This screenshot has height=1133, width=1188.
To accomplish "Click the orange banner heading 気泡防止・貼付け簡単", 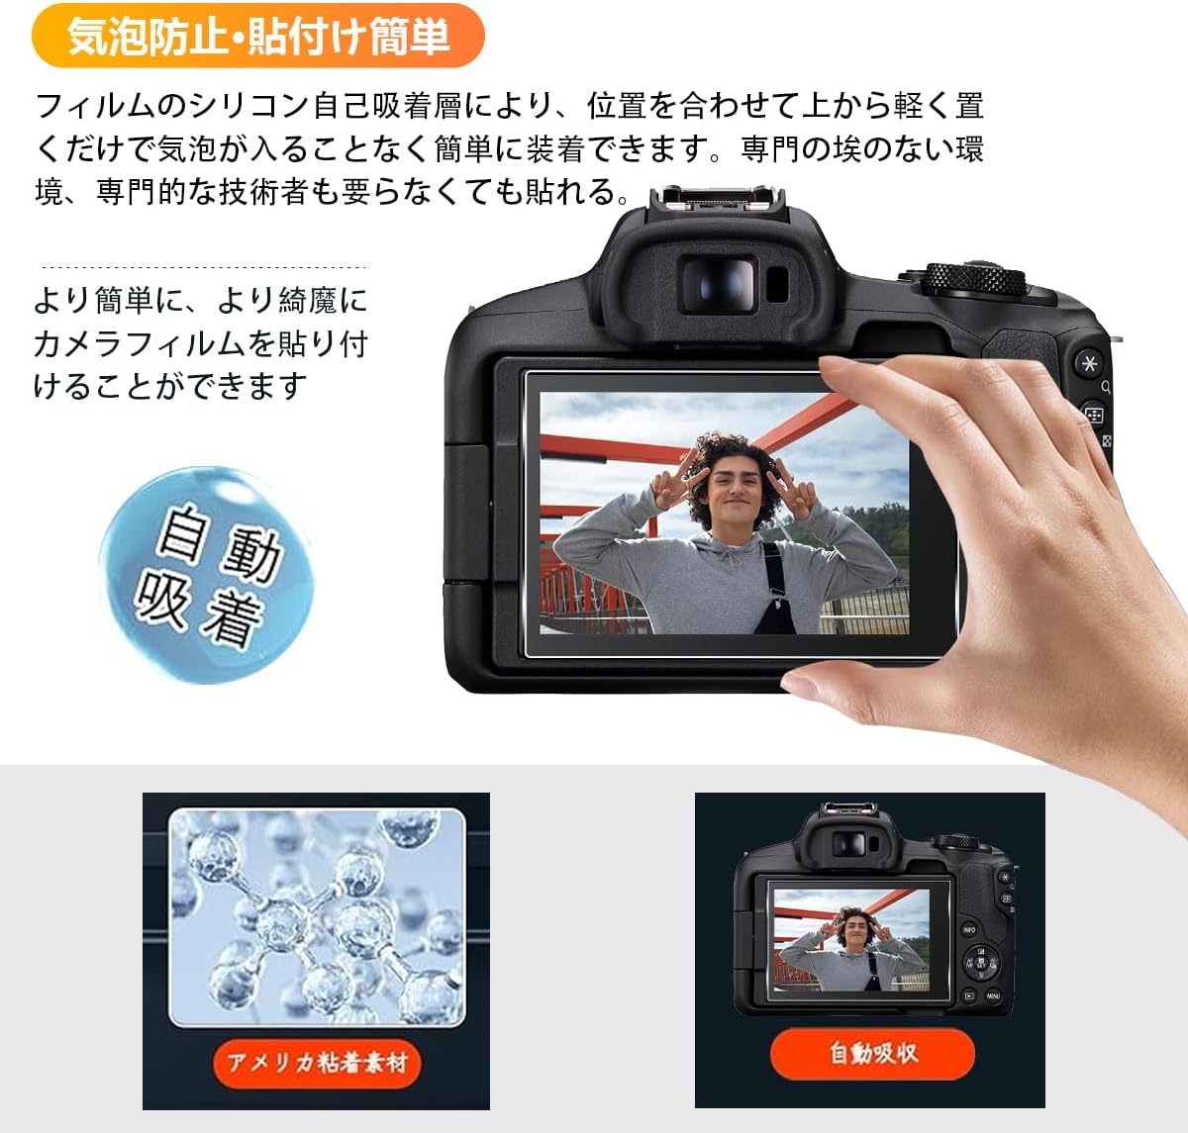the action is coord(258,36).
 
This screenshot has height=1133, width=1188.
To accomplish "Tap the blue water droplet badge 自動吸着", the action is coord(207,574).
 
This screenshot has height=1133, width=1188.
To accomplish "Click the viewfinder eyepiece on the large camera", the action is coord(719,285).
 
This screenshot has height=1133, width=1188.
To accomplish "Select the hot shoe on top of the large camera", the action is coord(717,198).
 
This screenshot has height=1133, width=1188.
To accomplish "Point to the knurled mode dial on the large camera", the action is coord(976,278).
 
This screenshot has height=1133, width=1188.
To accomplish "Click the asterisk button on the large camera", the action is coord(1090,363).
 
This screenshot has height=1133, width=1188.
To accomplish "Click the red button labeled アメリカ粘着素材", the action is coord(317,1064).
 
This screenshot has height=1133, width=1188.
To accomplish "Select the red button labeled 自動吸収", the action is coord(872,1053).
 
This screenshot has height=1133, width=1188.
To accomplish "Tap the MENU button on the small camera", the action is coord(993,995).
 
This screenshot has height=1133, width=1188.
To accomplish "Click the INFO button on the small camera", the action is coord(968,930).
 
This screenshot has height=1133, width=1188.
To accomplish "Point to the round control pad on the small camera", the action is coord(981,963).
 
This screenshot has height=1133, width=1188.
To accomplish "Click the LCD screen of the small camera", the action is coord(852,940).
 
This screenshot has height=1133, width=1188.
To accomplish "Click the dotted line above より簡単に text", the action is coord(204,266).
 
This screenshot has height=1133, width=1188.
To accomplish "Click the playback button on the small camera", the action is coord(968,995).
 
